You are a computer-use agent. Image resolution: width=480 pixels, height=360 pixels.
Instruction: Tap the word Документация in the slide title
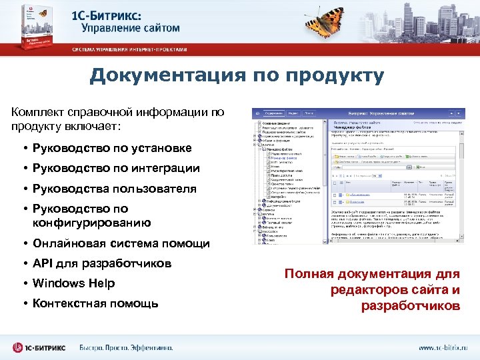point(161,76)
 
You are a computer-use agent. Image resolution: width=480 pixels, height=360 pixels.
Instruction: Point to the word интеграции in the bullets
point(165,168)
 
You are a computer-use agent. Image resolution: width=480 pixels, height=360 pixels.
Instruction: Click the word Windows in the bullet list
point(57,283)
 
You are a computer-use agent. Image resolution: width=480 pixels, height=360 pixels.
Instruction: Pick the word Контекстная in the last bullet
point(69,303)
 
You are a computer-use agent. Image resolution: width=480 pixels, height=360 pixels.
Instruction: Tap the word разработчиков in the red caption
point(410,305)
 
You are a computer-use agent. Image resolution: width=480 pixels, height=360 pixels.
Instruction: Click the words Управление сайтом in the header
point(131,28)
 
